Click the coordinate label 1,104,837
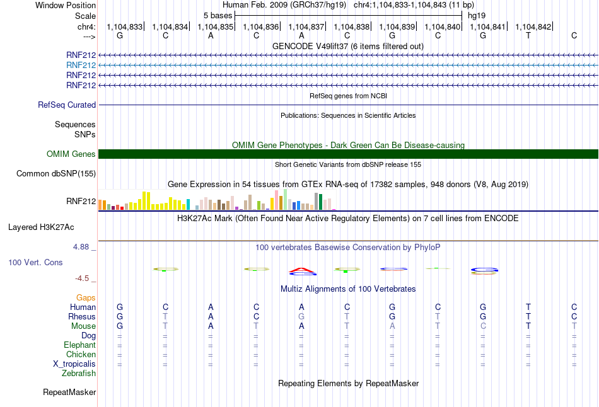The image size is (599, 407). tap(306, 26)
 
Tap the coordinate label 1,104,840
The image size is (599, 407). tap(443, 26)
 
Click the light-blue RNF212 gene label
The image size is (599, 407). tap(81, 66)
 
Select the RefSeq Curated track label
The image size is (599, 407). tap(67, 105)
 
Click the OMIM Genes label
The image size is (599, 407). tap(71, 154)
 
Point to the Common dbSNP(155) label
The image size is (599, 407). tap(56, 174)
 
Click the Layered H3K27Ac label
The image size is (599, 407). tap(41, 227)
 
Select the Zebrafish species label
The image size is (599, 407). tap(79, 374)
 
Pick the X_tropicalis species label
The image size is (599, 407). tap(74, 364)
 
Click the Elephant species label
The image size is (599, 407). tap(80, 345)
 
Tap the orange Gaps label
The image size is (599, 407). tap(86, 298)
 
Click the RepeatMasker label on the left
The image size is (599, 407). tap(69, 392)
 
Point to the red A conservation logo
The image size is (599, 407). tap(302, 271)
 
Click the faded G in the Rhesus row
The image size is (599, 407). tap(301, 316)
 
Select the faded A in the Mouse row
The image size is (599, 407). tap(392, 326)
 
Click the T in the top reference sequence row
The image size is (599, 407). tap(528, 35)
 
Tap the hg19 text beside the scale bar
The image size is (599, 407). tap(477, 16)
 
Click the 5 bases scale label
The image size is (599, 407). tap(218, 16)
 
